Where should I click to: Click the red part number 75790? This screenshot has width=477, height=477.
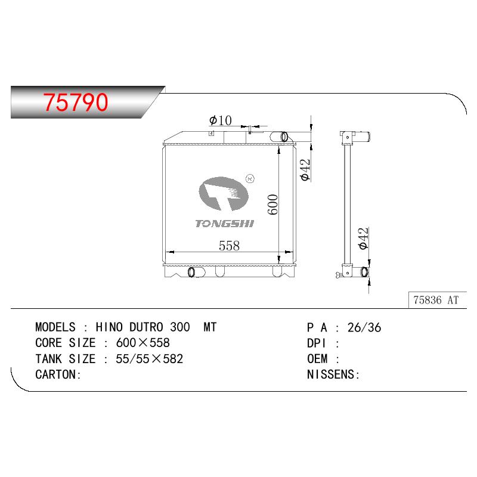(76, 102)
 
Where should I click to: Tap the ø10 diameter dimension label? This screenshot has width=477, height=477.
(220, 120)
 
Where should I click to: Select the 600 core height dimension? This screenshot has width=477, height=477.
(273, 205)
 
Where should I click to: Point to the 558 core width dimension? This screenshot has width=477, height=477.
(229, 246)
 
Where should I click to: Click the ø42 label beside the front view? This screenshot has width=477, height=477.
(305, 170)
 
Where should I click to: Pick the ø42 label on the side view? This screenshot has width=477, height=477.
(364, 238)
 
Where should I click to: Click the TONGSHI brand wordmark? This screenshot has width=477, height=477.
(225, 224)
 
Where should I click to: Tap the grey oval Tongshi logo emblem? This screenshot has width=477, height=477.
(224, 193)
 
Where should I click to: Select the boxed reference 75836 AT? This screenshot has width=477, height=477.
(436, 300)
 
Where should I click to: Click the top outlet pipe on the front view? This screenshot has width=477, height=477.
(279, 137)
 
